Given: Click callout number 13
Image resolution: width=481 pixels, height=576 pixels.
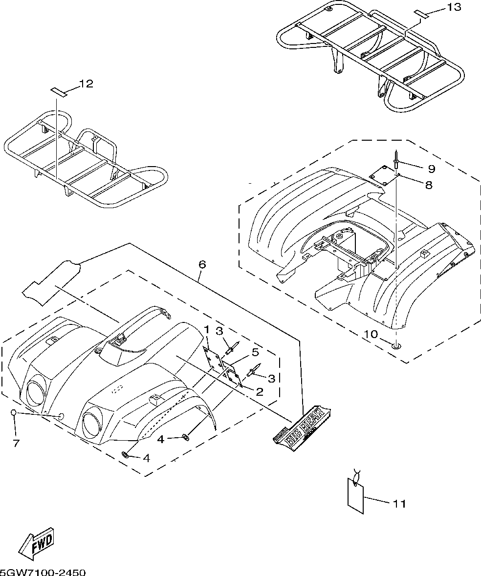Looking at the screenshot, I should (454, 7).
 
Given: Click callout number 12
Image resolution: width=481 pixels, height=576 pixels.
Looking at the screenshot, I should (86, 84).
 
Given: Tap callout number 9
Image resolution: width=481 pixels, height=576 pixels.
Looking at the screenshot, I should (431, 169).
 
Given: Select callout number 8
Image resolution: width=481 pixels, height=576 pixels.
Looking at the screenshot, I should (429, 185).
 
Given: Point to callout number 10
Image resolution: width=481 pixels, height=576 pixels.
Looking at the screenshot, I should (371, 335).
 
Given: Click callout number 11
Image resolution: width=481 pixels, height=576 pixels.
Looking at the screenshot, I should (399, 504).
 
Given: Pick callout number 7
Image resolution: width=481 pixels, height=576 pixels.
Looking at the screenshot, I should (16, 443).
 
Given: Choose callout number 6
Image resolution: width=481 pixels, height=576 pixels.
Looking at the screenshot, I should (202, 264).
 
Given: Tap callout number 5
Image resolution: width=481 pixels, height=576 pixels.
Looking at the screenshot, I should (255, 352).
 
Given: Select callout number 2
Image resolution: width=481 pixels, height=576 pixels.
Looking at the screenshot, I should (260, 391).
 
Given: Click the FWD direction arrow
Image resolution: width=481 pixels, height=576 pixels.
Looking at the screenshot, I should (37, 543).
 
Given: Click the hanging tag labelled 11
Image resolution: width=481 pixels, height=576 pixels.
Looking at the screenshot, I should (355, 496).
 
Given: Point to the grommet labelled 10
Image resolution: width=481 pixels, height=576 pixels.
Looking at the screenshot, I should (396, 346).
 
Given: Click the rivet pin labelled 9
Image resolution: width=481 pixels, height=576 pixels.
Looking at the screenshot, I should (396, 160).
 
